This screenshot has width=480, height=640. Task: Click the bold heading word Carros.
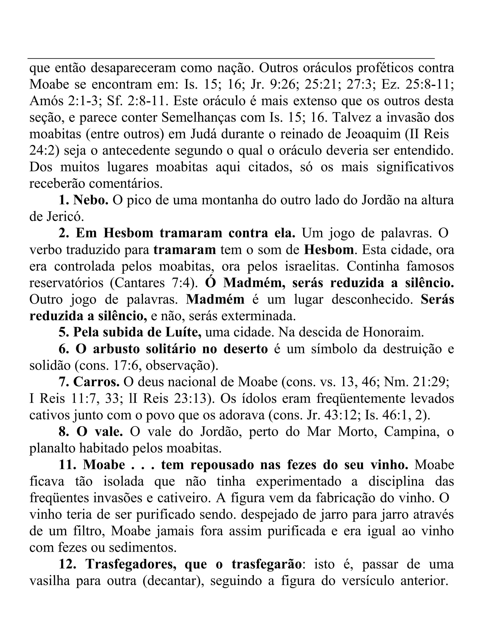[96, 382]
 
